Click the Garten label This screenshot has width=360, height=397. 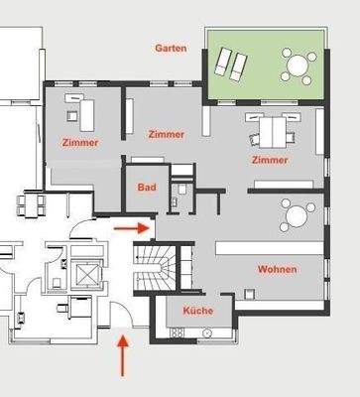[x=171, y=47]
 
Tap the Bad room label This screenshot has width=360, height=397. [x=145, y=187]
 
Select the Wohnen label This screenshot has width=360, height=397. [x=277, y=269]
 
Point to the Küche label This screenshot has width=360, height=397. [x=197, y=311]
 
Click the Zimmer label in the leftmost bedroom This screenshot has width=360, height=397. [x=79, y=142]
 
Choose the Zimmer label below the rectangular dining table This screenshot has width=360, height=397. [x=269, y=159]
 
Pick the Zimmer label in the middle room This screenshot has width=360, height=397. [x=166, y=134]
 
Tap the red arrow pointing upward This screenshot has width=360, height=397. [x=124, y=356]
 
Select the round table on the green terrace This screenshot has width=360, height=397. [x=297, y=66]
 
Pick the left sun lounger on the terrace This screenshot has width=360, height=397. [x=224, y=63]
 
